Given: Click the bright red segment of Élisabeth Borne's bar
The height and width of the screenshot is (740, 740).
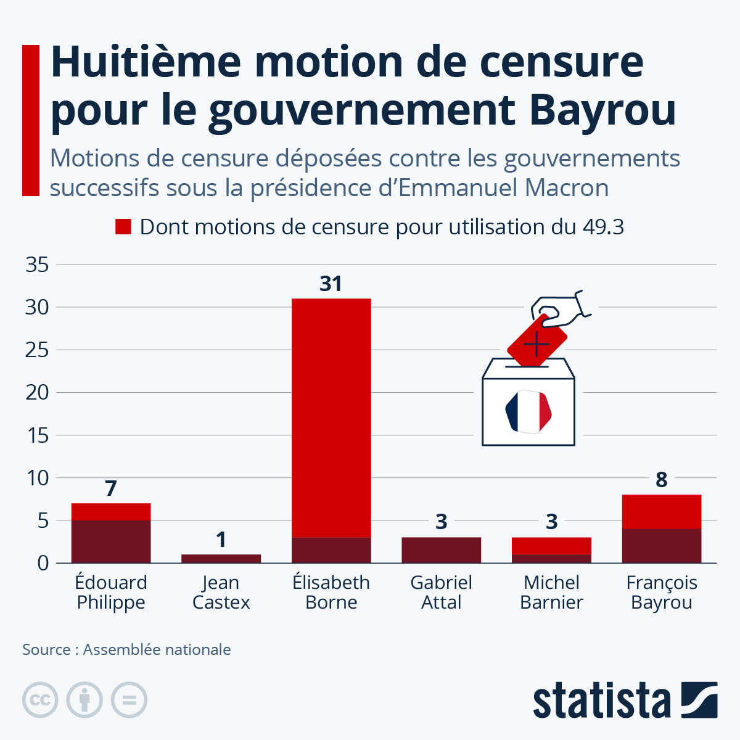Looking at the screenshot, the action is click(x=331, y=418).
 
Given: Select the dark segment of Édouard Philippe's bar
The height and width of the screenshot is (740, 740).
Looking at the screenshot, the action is click(x=111, y=541).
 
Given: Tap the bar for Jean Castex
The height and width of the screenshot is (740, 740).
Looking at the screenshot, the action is click(x=221, y=559).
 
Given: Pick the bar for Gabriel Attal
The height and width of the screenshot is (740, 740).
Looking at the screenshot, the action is click(x=442, y=550).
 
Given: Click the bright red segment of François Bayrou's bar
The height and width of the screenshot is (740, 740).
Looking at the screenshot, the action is click(x=662, y=512).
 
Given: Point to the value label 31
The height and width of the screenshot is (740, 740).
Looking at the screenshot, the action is click(x=331, y=284).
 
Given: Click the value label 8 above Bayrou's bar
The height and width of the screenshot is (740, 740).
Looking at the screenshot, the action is click(x=662, y=480).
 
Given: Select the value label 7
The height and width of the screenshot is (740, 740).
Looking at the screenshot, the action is click(x=111, y=488).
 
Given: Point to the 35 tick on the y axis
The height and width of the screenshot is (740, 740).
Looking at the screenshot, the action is click(x=37, y=265).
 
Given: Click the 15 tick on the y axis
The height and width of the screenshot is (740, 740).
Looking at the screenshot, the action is click(x=38, y=435).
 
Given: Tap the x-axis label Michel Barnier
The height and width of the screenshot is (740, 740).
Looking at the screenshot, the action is click(x=551, y=592).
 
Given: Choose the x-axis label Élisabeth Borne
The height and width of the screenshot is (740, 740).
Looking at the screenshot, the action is click(x=331, y=592).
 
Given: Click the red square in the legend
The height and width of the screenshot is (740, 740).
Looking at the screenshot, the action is click(x=123, y=226).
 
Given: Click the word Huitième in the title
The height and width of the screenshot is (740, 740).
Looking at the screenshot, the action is click(x=146, y=62).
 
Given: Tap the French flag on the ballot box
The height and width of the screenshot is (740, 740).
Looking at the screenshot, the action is click(x=528, y=412).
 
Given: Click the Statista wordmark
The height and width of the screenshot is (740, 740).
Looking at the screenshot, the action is click(x=601, y=700).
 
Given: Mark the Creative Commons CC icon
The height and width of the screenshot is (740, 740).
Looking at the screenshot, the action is click(x=40, y=700).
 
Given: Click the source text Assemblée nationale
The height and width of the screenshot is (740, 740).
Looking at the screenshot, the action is click(x=157, y=649).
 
